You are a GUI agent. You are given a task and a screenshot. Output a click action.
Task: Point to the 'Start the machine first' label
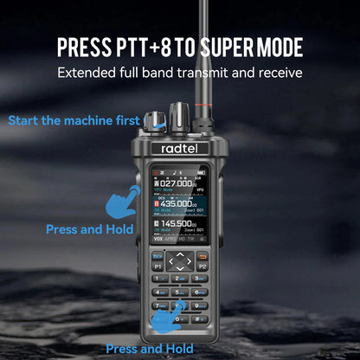tap(74, 119)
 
